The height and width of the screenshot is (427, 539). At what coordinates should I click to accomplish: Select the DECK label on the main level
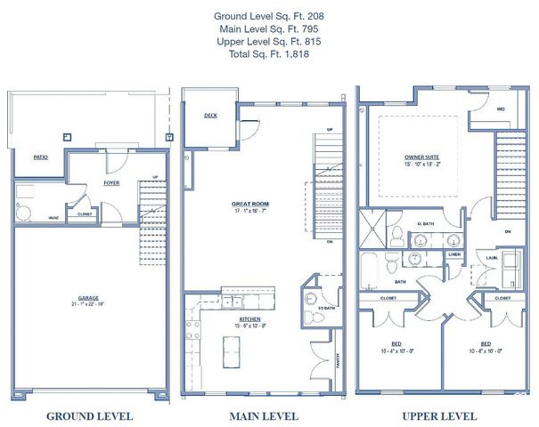tap(210, 116)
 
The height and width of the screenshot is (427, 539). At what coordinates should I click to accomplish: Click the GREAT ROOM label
tap(249, 204)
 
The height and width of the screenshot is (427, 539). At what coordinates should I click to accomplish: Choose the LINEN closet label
tap(453, 254)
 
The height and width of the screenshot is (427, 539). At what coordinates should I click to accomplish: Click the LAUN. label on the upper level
tap(491, 258)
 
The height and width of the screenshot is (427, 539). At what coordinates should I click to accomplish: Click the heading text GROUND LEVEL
tap(89, 416)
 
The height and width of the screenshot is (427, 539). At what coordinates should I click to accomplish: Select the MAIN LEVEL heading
tap(264, 416)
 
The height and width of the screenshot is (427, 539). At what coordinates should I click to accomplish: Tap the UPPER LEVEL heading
tap(439, 416)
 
